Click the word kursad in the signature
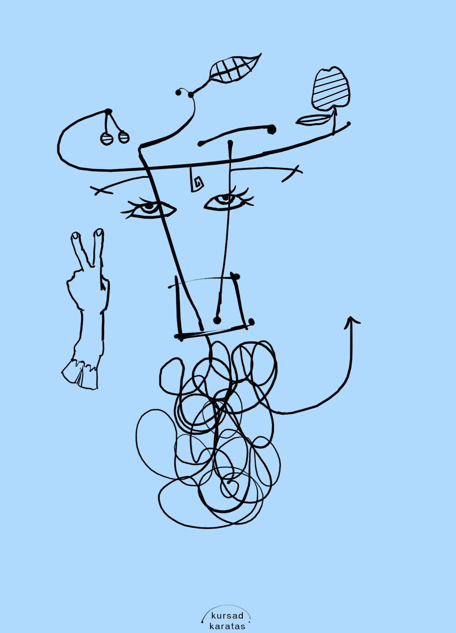(x=227, y=616)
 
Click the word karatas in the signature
(x=227, y=626)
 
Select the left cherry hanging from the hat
(x=107, y=139)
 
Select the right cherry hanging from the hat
(x=124, y=137)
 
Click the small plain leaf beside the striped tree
(x=313, y=120)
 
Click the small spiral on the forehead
(x=196, y=181)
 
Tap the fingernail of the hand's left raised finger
(x=76, y=235)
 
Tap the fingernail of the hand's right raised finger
(x=98, y=232)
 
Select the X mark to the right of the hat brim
(x=292, y=173)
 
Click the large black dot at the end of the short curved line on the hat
(x=271, y=129)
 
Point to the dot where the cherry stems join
(x=109, y=111)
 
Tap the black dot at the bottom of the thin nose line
(x=217, y=320)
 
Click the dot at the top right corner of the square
(x=237, y=276)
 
